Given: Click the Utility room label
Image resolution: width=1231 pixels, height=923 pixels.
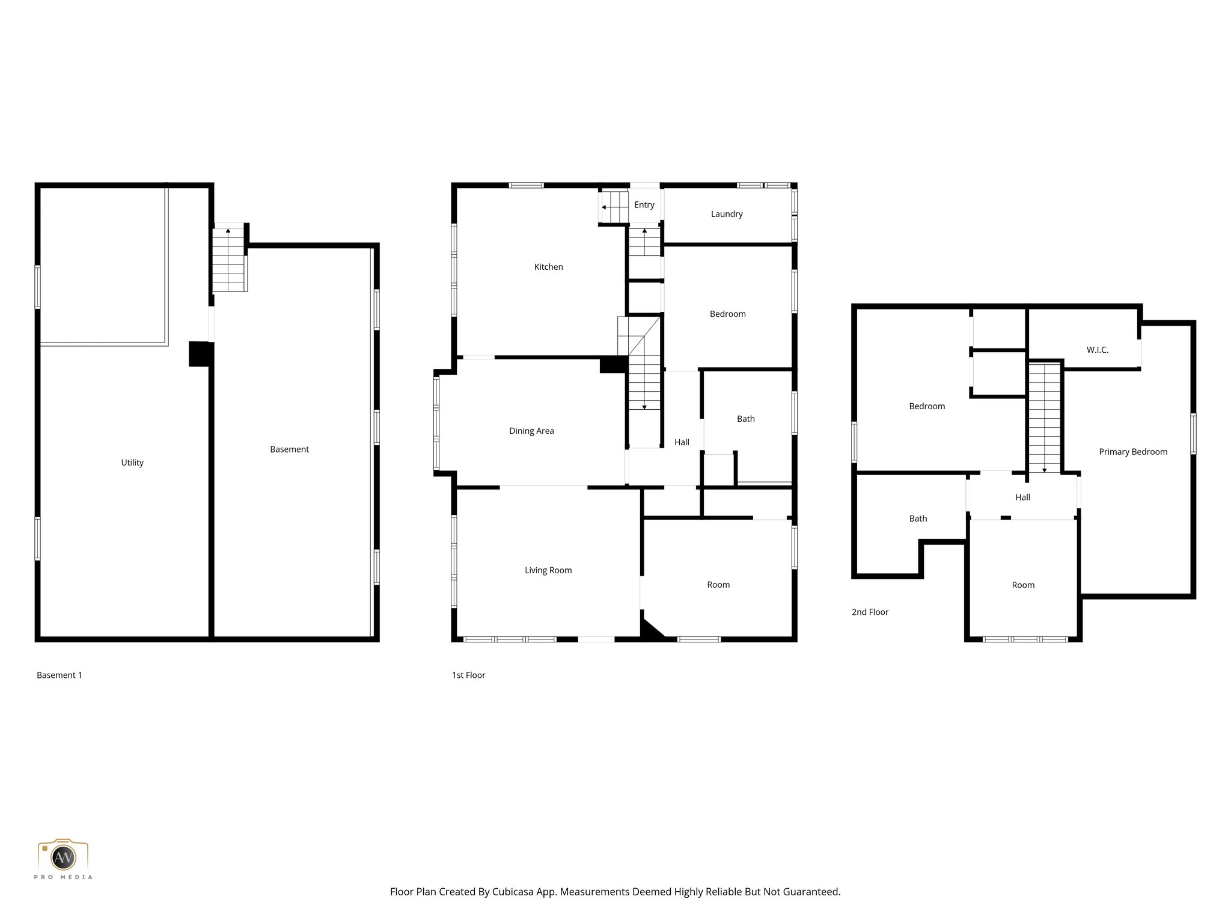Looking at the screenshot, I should (132, 462).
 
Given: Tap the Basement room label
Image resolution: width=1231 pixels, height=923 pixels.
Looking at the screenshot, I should (289, 449).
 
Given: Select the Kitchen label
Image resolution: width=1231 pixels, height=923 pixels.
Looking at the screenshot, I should (548, 267).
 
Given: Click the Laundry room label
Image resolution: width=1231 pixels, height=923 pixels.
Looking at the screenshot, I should (726, 214).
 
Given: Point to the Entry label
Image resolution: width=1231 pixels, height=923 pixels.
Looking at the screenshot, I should (644, 205).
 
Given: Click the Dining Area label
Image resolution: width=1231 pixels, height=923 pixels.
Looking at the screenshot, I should (531, 431).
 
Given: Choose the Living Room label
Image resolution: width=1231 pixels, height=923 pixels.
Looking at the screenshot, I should (548, 570).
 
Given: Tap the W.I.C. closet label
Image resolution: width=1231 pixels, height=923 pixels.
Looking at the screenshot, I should (1097, 350).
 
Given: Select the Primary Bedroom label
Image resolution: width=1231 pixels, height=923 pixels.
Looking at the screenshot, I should (1132, 452).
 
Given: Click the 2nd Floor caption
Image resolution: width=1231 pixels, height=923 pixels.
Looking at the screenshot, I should (870, 612).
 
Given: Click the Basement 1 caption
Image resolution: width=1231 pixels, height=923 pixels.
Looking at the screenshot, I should (60, 675).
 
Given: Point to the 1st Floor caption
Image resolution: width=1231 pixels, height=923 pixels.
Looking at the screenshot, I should (468, 675).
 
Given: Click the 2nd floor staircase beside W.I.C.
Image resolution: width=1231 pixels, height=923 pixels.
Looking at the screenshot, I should (1044, 418).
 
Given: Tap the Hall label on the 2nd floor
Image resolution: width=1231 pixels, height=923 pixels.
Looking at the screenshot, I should (1022, 498).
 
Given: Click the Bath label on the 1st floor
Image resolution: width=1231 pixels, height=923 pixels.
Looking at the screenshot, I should (745, 419).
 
